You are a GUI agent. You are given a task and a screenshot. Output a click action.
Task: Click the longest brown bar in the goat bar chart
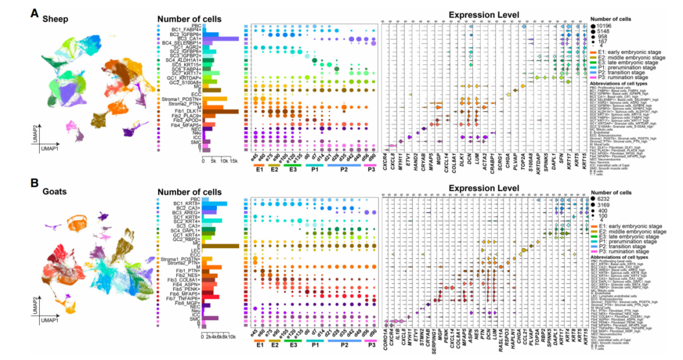click(x=221, y=245)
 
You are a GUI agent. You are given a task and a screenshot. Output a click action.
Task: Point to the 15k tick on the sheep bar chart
click(x=234, y=161)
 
